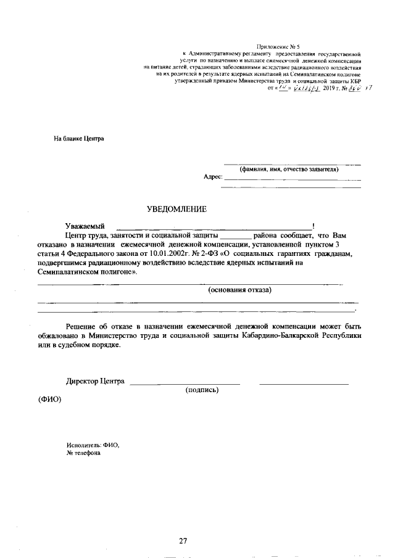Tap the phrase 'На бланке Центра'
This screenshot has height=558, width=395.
click(x=79, y=138)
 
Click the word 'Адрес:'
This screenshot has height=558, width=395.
click(x=213, y=177)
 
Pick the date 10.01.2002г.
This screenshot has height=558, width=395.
click(x=170, y=253)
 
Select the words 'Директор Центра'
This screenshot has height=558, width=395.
click(x=96, y=381)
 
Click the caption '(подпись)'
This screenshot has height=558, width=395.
click(x=202, y=390)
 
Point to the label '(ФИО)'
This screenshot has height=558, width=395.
click(x=50, y=399)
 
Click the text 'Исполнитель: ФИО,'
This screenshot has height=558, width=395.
click(x=93, y=445)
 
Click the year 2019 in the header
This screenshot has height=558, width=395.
click(x=329, y=89)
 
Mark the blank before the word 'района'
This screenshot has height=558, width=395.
click(x=236, y=236)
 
